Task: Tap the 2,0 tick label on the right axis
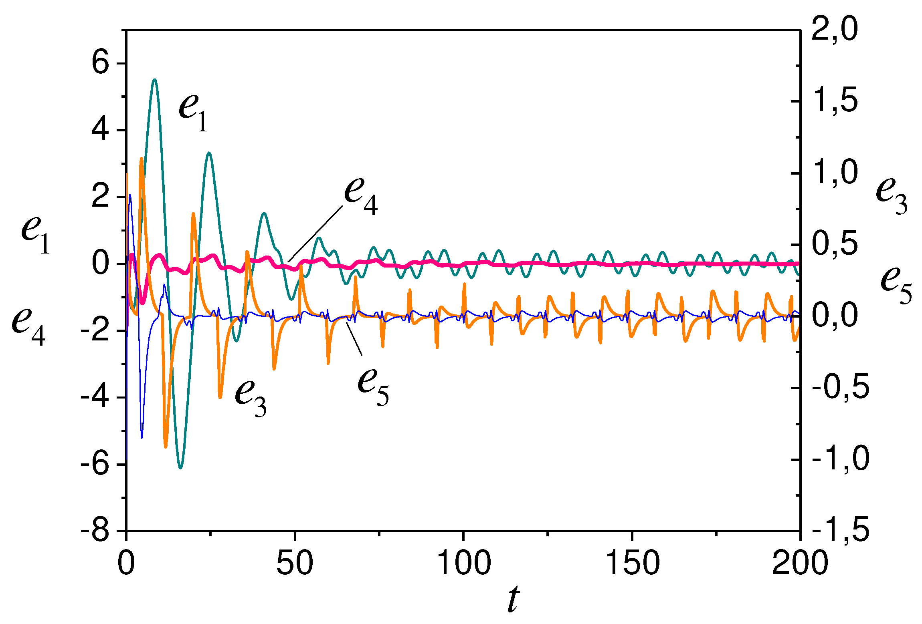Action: [x=835, y=30]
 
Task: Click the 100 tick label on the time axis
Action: [x=463, y=563]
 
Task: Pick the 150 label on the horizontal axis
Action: [x=632, y=563]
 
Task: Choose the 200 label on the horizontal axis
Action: [x=800, y=563]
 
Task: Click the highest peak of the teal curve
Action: [x=155, y=80]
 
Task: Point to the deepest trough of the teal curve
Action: [x=181, y=468]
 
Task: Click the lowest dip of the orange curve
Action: [x=166, y=447]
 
